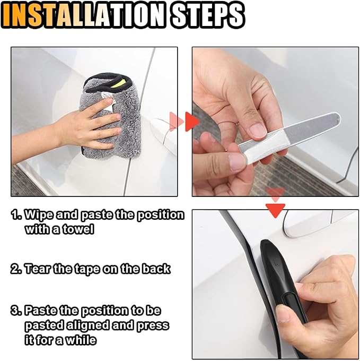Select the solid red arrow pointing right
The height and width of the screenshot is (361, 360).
(x=191, y=122)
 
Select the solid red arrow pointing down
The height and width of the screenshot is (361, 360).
(x=275, y=210)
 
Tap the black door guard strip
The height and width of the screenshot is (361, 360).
(x=282, y=283)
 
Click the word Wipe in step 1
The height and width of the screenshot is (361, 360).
(x=39, y=215)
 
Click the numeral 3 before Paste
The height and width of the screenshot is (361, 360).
(x=15, y=311)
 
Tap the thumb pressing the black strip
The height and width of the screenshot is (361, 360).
(x=286, y=313)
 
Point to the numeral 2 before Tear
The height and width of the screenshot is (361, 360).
(x=15, y=269)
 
